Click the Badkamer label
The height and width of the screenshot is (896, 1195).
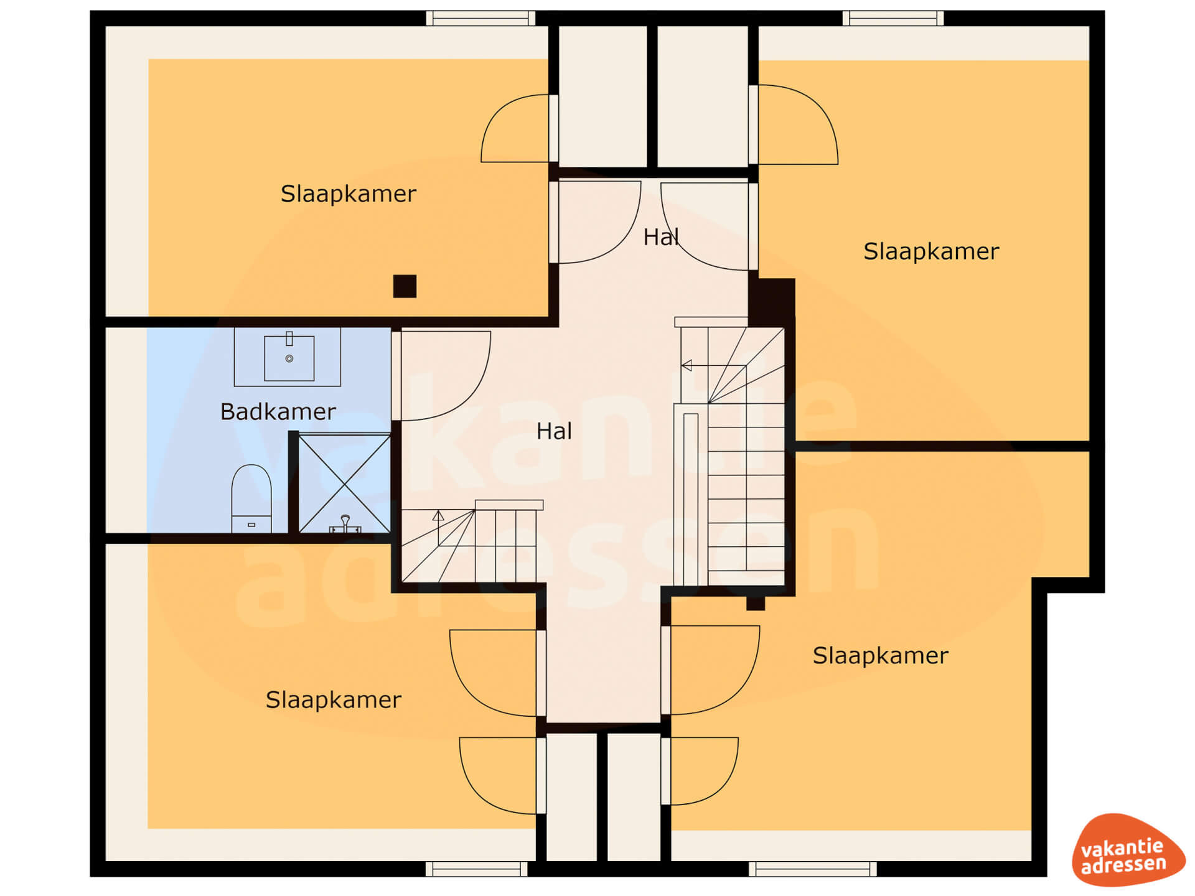point(278,412)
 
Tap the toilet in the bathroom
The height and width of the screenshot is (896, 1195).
point(251,498)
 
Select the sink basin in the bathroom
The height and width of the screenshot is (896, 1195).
point(289,358)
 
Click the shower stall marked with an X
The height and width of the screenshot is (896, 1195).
point(345,483)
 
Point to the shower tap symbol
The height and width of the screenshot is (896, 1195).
point(345,525)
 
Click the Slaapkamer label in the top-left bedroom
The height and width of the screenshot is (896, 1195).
point(348,194)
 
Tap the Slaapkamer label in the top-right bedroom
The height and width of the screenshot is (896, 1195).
point(931,252)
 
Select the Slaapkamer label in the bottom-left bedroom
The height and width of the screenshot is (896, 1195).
point(334,700)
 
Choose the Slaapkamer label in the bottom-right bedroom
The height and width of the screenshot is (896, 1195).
point(881,656)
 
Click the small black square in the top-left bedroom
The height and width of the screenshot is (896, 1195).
point(405,286)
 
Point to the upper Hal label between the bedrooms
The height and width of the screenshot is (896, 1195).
point(661,237)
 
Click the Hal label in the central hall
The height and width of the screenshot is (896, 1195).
point(554,431)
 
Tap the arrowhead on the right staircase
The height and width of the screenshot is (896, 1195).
point(687,366)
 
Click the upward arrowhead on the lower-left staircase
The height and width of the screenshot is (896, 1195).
point(438,516)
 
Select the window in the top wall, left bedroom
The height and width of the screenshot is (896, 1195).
point(480,18)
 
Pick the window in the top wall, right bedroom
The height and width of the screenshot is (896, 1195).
point(893,18)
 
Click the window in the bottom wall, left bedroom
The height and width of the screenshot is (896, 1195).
point(477,869)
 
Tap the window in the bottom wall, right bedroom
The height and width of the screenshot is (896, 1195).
point(813,869)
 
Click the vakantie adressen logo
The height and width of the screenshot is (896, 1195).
point(1128,850)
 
